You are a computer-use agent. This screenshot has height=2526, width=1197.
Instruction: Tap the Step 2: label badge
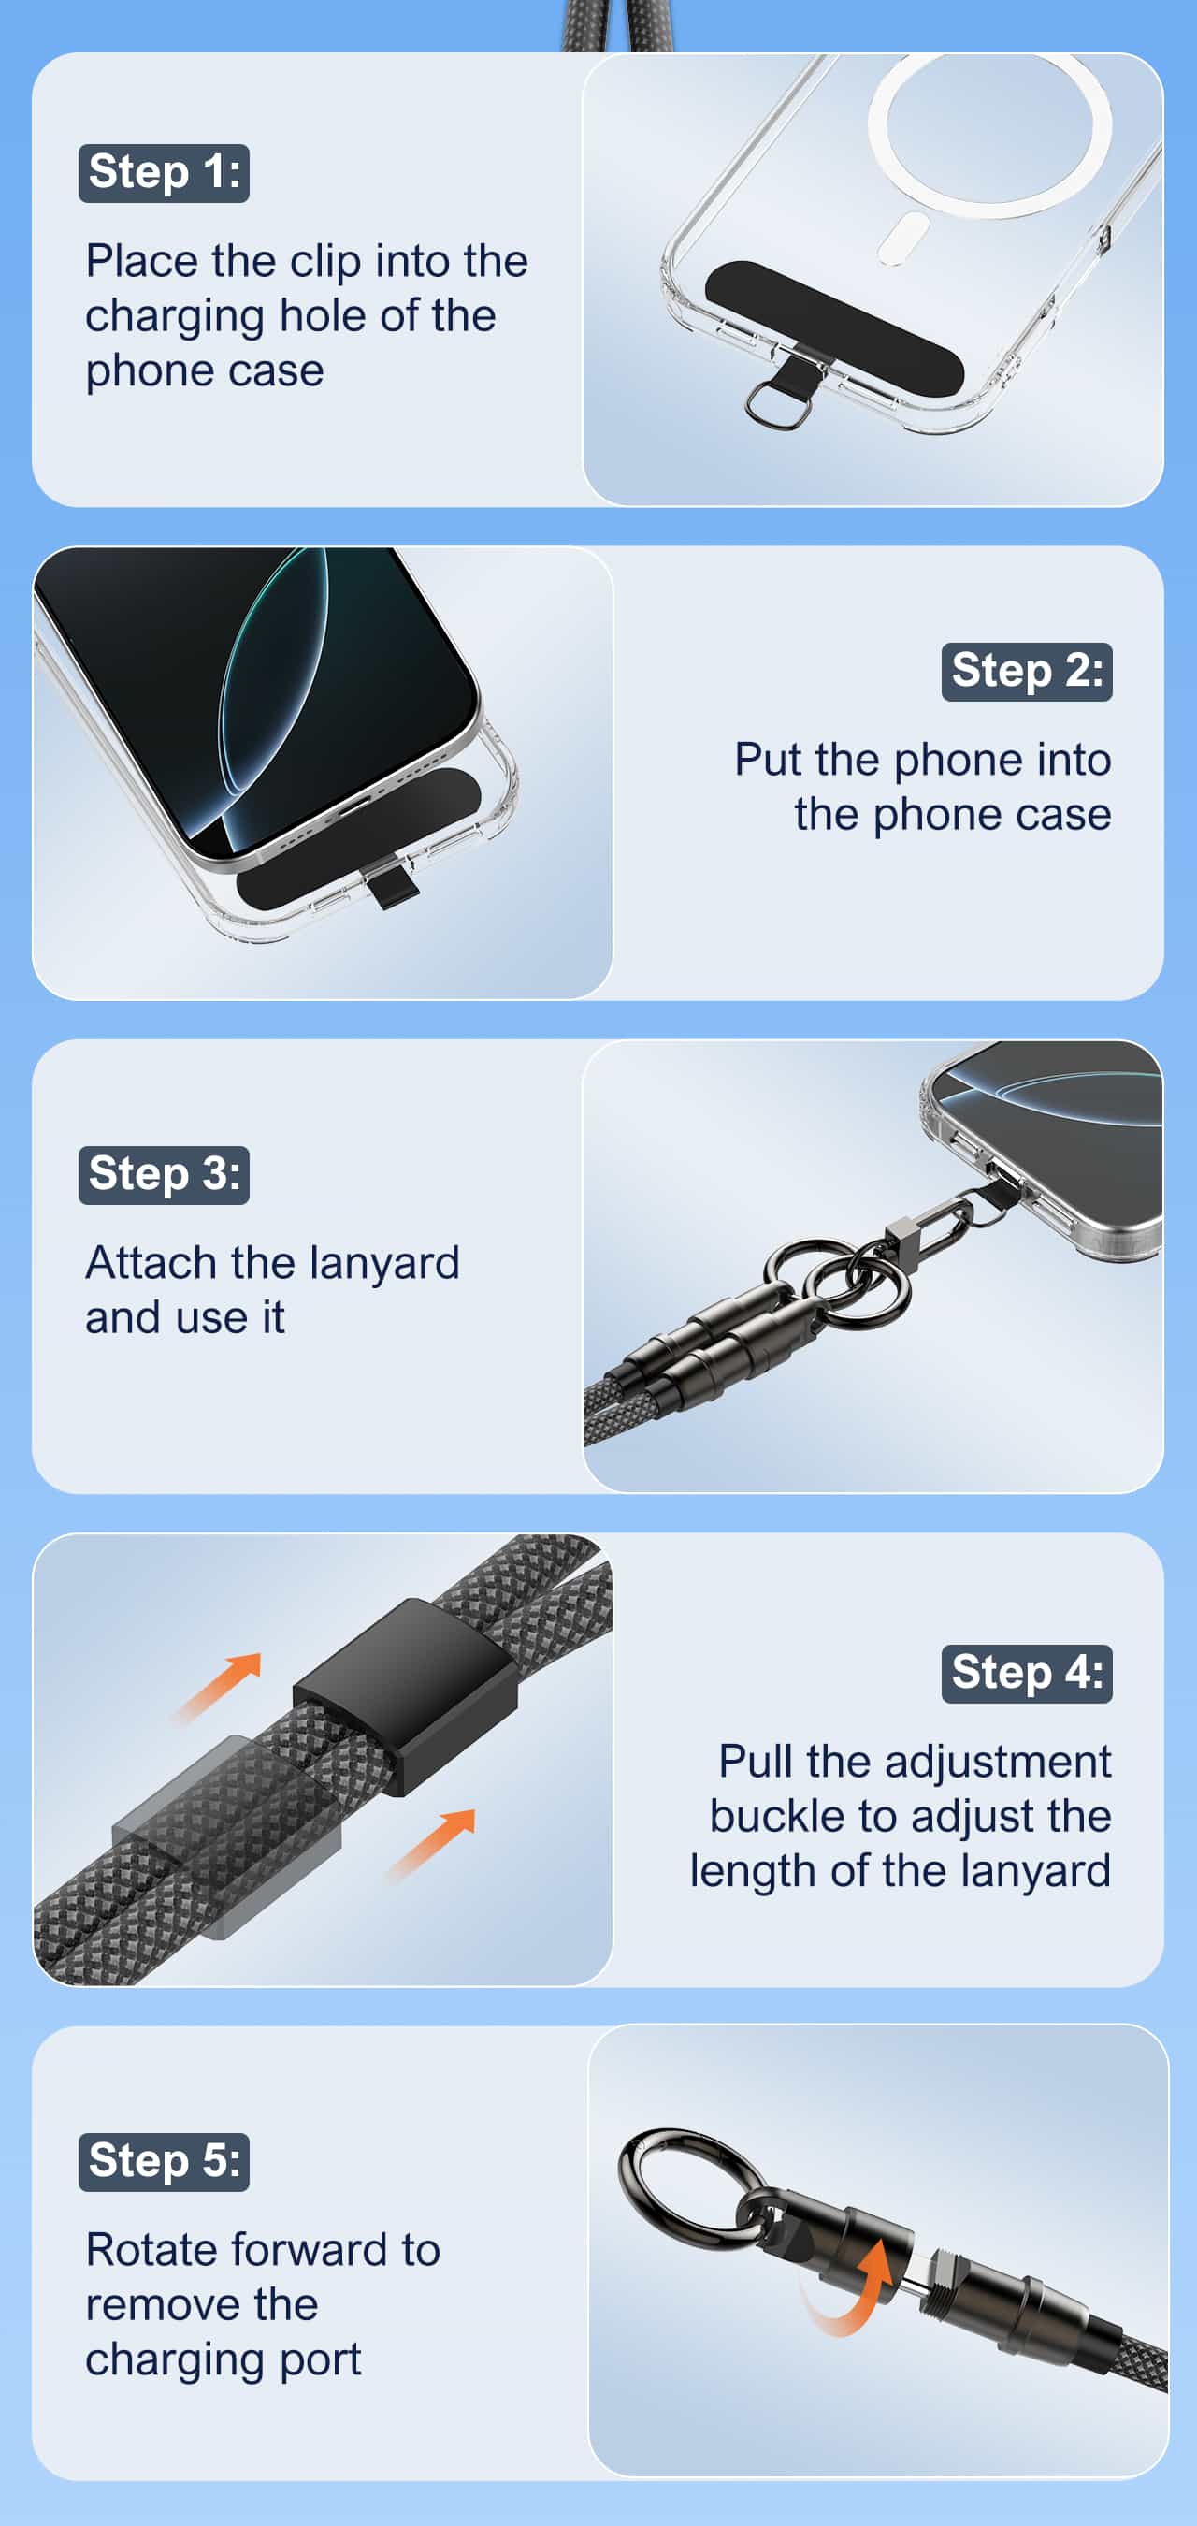(1027, 672)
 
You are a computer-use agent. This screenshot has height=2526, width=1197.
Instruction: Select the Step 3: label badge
(164, 1175)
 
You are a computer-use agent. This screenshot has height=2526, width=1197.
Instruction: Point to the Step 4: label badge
(1027, 1674)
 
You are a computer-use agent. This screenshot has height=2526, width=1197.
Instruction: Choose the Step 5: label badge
(164, 2161)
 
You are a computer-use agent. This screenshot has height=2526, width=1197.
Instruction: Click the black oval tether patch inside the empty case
(834, 328)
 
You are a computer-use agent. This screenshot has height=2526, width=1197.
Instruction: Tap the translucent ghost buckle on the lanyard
(225, 1834)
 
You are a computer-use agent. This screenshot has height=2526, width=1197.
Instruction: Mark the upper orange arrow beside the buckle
(218, 1686)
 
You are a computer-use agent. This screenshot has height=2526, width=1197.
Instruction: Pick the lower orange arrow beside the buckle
(431, 1843)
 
